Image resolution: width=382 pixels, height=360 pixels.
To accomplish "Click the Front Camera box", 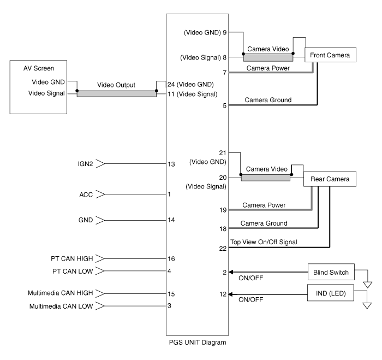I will click(331, 55).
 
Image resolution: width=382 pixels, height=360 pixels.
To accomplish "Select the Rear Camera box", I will click(331, 179).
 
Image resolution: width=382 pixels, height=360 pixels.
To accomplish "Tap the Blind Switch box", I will click(331, 272).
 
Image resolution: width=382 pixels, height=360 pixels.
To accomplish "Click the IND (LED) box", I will click(331, 293).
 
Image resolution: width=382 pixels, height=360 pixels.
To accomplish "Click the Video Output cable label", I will click(116, 86).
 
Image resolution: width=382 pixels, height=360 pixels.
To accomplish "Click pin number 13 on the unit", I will click(172, 163).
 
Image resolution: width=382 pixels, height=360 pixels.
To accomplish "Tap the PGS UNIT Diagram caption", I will click(197, 343).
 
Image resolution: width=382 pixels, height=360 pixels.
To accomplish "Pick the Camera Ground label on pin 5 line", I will click(267, 100).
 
